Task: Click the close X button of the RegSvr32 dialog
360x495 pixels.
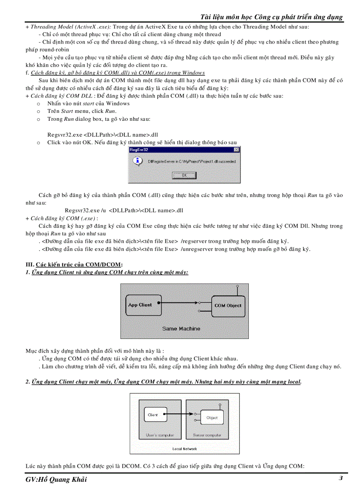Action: pyautogui.click(x=236, y=150)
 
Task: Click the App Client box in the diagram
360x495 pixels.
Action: pyautogui.click(x=140, y=305)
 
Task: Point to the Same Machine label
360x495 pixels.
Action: pyautogui.click(x=181, y=328)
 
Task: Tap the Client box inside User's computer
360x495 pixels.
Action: pyautogui.click(x=153, y=415)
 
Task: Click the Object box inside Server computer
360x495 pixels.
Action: pyautogui.click(x=212, y=417)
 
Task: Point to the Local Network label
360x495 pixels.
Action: pyautogui.click(x=184, y=449)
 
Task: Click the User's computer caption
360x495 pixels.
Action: pyautogui.click(x=160, y=435)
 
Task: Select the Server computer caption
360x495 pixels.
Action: pyautogui.click(x=207, y=435)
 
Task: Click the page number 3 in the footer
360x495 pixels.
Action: pyautogui.click(x=341, y=478)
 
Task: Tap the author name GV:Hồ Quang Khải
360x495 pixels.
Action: pyautogui.click(x=56, y=480)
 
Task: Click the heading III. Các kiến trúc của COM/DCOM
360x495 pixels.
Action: pyautogui.click(x=74, y=264)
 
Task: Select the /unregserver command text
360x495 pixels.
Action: pyautogui.click(x=197, y=249)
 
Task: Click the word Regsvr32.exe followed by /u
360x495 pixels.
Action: pyautogui.click(x=82, y=210)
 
